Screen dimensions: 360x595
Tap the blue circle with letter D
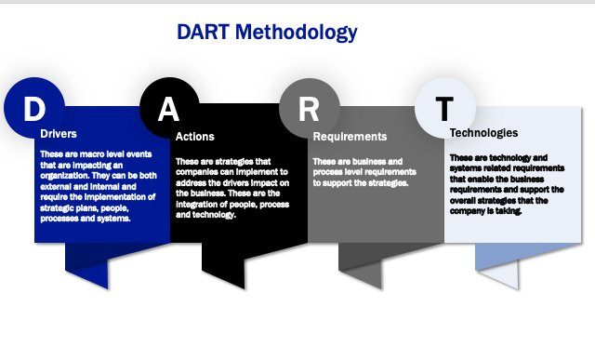click(x=33, y=108)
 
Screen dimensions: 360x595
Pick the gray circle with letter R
click(x=308, y=108)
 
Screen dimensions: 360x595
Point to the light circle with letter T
click(x=443, y=108)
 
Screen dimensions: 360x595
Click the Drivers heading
click(x=59, y=134)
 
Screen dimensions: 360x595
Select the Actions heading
click(x=194, y=137)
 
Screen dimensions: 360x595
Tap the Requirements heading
click(x=350, y=137)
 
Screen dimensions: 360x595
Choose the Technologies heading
click(x=483, y=133)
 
